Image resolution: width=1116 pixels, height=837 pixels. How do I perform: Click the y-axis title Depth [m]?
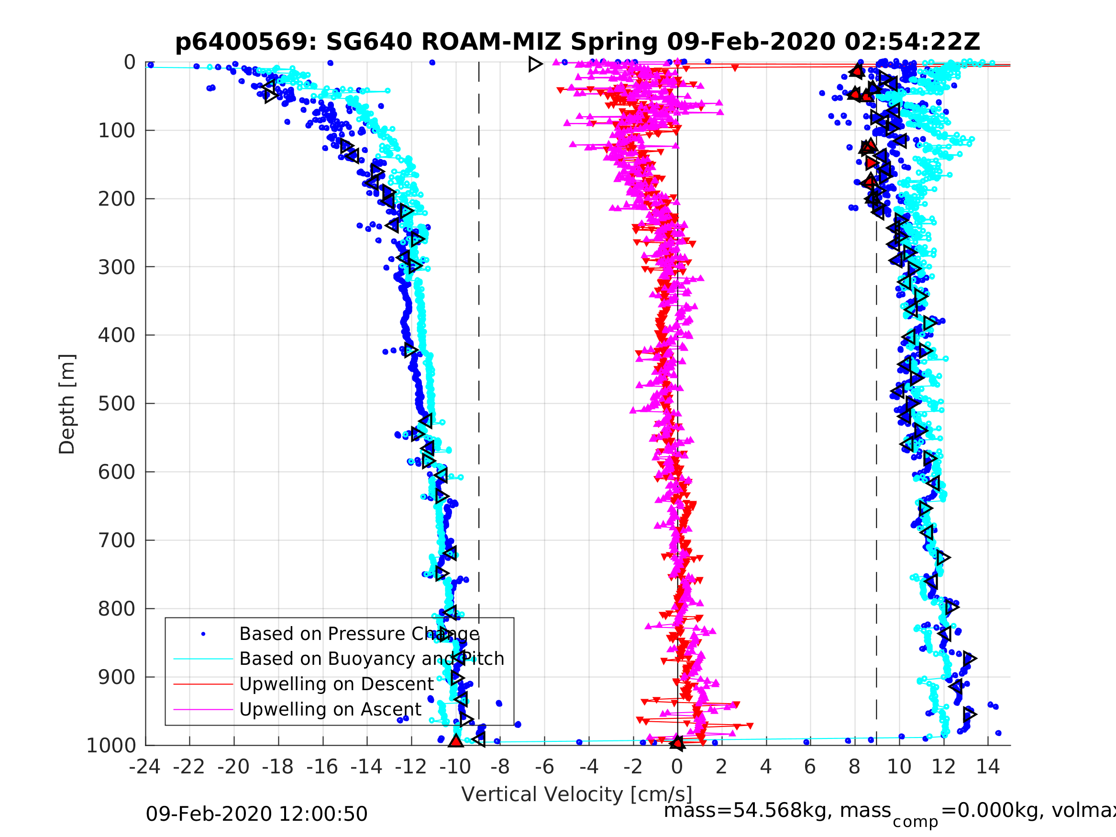[67, 404]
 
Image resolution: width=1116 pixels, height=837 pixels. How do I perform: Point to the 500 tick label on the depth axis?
[117, 404]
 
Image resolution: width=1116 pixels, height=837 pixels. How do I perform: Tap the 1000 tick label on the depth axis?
[111, 746]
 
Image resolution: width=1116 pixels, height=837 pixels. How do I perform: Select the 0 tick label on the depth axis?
[130, 63]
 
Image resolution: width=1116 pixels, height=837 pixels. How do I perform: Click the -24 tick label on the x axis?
[145, 767]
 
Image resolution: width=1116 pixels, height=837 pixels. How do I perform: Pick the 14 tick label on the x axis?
[987, 767]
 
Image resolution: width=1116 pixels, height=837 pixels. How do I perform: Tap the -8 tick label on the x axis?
[499, 767]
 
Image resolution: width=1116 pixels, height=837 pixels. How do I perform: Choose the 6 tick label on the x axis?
[810, 767]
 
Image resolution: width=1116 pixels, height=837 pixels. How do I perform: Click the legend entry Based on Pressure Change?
[359, 634]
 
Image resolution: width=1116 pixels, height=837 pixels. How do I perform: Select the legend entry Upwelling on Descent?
[336, 684]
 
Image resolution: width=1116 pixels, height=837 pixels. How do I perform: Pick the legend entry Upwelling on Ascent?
[330, 709]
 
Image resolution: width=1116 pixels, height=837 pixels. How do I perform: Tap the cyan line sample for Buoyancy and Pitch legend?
[203, 659]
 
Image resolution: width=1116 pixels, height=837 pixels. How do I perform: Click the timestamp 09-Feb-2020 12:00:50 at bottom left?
[256, 815]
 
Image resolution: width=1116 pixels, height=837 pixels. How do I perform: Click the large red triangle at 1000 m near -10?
[455, 741]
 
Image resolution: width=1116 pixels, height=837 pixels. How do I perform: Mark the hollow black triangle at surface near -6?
[535, 64]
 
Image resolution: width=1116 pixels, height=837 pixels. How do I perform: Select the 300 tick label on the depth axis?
[117, 267]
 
